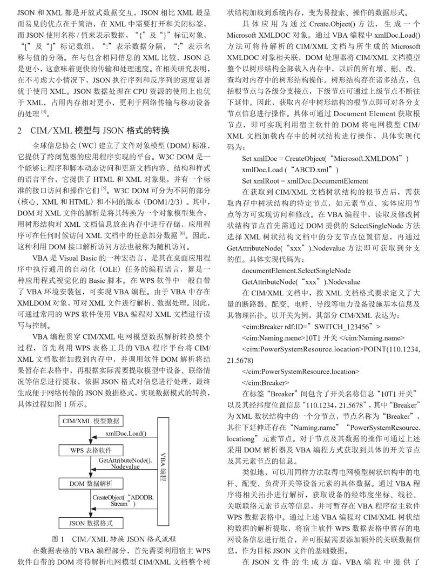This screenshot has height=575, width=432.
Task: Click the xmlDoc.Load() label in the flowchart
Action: (x=125, y=432)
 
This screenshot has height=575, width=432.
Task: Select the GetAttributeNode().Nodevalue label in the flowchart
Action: (x=126, y=463)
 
